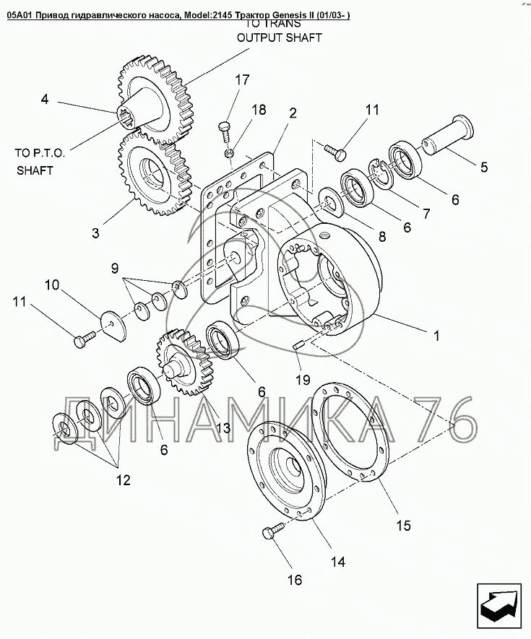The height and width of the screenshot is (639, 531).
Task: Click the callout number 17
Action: pos(242,79)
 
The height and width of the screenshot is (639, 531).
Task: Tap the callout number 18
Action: pos(259,109)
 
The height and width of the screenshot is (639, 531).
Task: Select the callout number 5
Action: pos(484,167)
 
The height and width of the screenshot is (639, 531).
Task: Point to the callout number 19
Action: pos(303,380)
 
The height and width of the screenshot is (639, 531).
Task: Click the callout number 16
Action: pos(295,580)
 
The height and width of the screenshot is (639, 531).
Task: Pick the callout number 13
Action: pos(223,427)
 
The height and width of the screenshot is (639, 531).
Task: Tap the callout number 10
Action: pos(52,285)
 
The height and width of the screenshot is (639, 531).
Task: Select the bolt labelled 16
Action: pos(275,531)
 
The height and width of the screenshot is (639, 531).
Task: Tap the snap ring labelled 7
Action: pos(381,175)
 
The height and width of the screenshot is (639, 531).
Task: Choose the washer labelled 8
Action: pos(331,201)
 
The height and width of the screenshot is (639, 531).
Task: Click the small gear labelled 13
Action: pos(185,363)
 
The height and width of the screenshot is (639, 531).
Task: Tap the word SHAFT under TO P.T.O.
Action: pos(35,170)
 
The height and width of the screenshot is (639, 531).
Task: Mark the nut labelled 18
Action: pos(230,153)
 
